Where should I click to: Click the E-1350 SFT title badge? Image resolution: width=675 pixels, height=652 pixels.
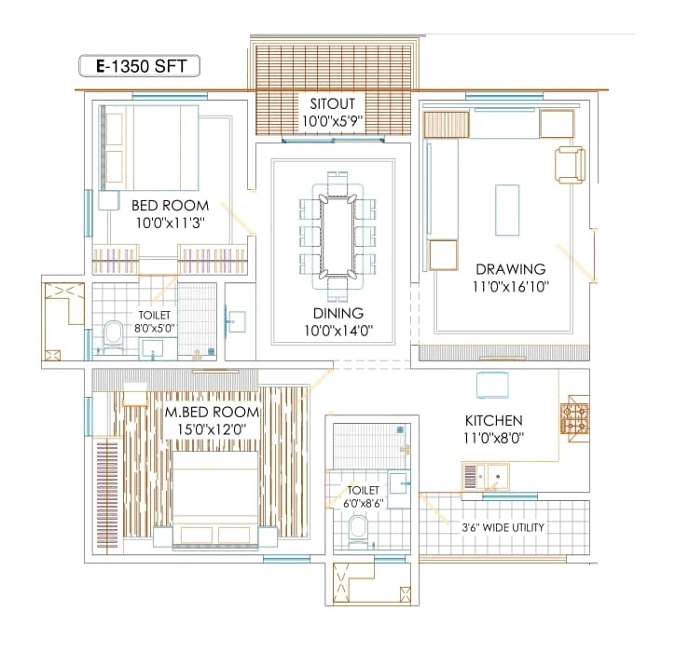click(x=138, y=66)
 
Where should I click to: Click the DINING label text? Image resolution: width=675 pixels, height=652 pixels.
click(x=334, y=313)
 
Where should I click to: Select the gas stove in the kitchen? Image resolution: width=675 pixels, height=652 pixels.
click(x=574, y=419)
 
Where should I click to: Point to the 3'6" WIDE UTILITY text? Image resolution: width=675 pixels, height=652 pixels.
click(x=504, y=527)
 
